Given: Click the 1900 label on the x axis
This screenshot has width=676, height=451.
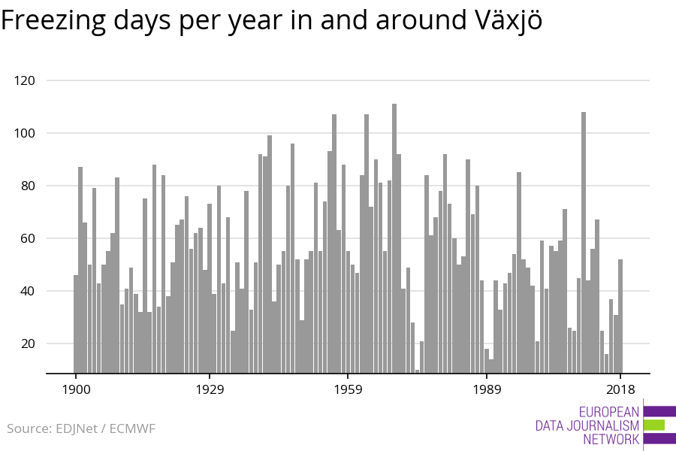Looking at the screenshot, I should click(x=76, y=389).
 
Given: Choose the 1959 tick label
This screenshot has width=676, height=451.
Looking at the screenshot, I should click(x=348, y=389).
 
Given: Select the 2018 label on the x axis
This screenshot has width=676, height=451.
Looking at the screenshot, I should click(x=620, y=389).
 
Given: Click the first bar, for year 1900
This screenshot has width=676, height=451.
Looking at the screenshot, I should click(x=76, y=324).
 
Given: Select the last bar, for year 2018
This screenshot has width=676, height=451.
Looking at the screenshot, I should click(x=620, y=316).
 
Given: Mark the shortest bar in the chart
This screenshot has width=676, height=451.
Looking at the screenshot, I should click(x=418, y=371).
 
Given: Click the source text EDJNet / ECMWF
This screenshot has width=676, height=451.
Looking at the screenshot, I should click(x=81, y=429).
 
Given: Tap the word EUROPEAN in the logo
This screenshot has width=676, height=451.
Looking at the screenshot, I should click(x=609, y=412).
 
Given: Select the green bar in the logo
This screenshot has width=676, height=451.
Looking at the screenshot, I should click(x=654, y=425).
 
